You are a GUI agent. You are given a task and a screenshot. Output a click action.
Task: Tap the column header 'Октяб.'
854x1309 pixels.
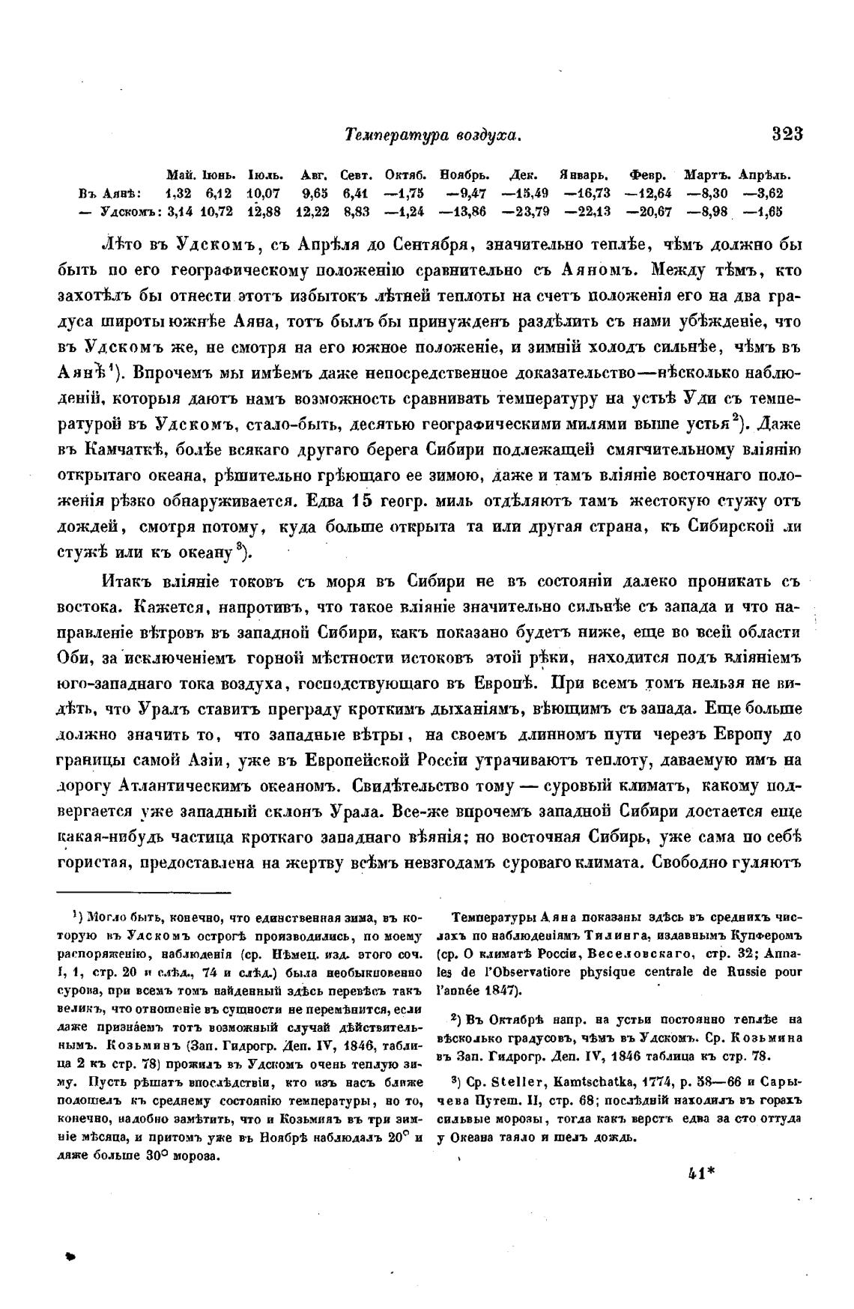[x=405, y=175]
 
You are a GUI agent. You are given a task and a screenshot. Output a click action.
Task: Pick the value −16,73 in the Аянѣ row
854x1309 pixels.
[x=590, y=193]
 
